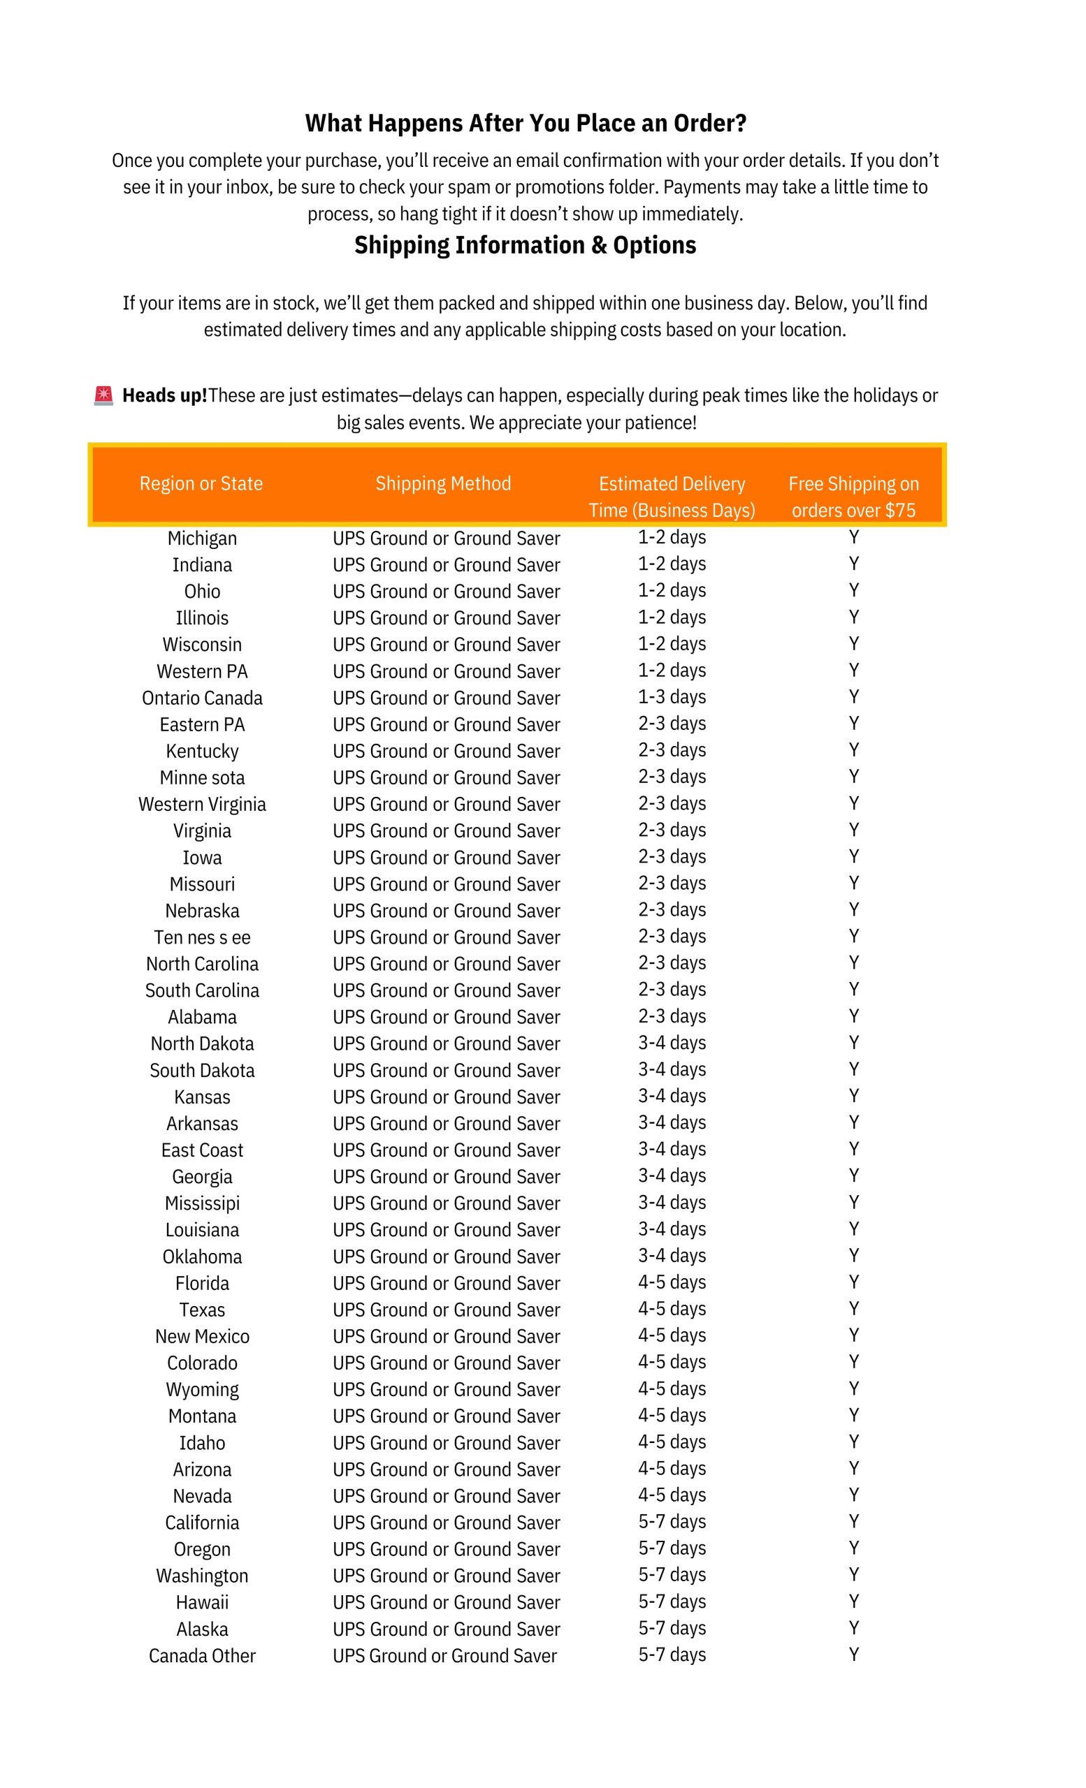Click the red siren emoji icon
[x=104, y=395]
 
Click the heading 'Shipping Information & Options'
[x=525, y=245]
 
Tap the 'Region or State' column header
[x=201, y=483]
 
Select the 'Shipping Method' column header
[x=443, y=483]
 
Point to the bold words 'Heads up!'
[x=165, y=395]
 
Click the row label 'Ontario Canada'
[x=202, y=698]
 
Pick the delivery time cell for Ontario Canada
[x=672, y=696]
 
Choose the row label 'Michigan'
[x=202, y=538]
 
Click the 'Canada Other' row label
[x=202, y=1655]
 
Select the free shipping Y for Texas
[x=854, y=1308]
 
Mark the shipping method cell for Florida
[x=446, y=1283]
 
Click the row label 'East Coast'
[x=202, y=1150]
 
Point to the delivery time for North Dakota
[x=672, y=1043]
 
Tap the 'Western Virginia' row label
[x=202, y=804]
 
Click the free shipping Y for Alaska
[x=854, y=1627]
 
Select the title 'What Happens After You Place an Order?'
[x=525, y=124]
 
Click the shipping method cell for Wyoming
[x=446, y=1390]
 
